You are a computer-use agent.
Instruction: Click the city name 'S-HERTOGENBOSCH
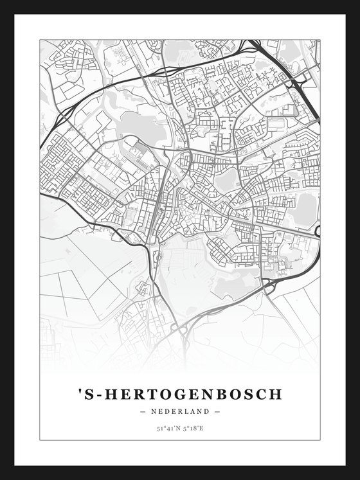(179, 393)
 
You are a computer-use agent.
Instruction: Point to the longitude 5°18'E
(193, 427)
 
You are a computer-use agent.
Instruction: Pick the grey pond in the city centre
(226, 181)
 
